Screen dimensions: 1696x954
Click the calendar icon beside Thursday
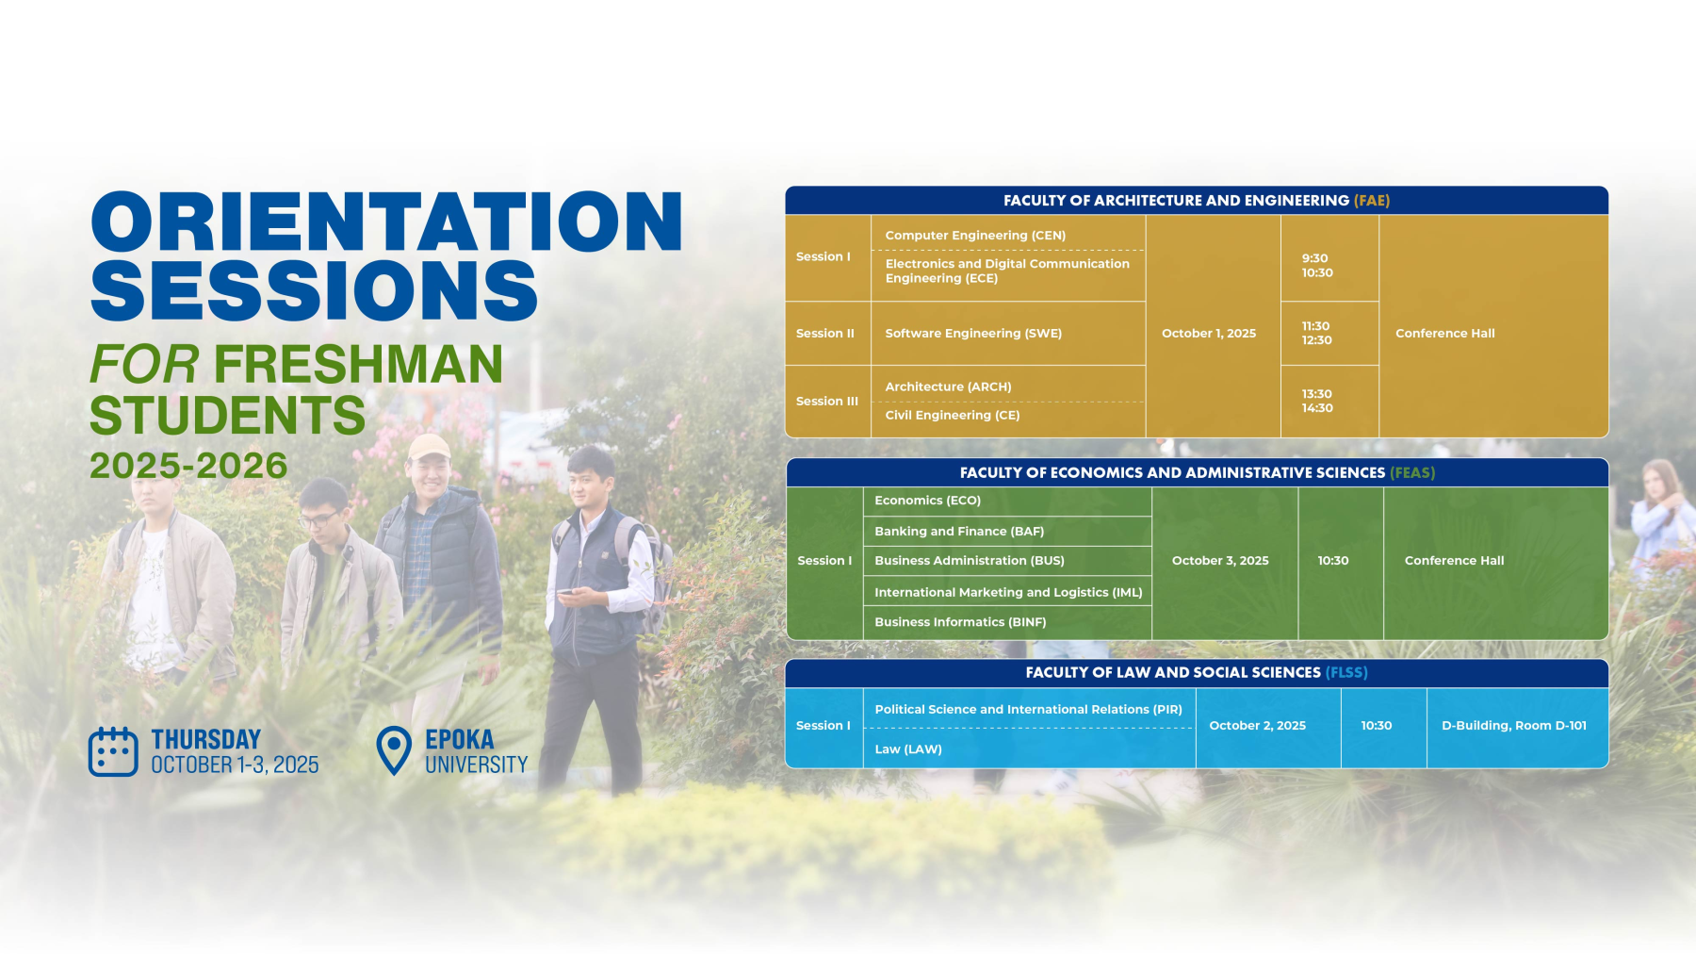113,751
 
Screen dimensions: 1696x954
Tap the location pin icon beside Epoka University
394,750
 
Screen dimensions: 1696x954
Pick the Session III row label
827,402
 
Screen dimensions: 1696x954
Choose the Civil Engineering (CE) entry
953,416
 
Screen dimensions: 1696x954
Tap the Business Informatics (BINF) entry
960,622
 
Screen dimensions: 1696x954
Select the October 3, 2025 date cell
1220,561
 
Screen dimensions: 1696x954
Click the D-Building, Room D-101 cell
1514,726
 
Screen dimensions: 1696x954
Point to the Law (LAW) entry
908,749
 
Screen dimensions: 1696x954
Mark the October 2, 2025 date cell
1257,726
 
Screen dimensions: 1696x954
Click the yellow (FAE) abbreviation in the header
1372,201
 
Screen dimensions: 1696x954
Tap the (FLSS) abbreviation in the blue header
1346,673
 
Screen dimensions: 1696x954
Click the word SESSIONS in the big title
314,290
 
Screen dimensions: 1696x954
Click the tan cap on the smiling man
429,445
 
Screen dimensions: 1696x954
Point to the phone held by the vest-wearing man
566,594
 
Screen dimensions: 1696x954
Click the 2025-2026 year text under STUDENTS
188,466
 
